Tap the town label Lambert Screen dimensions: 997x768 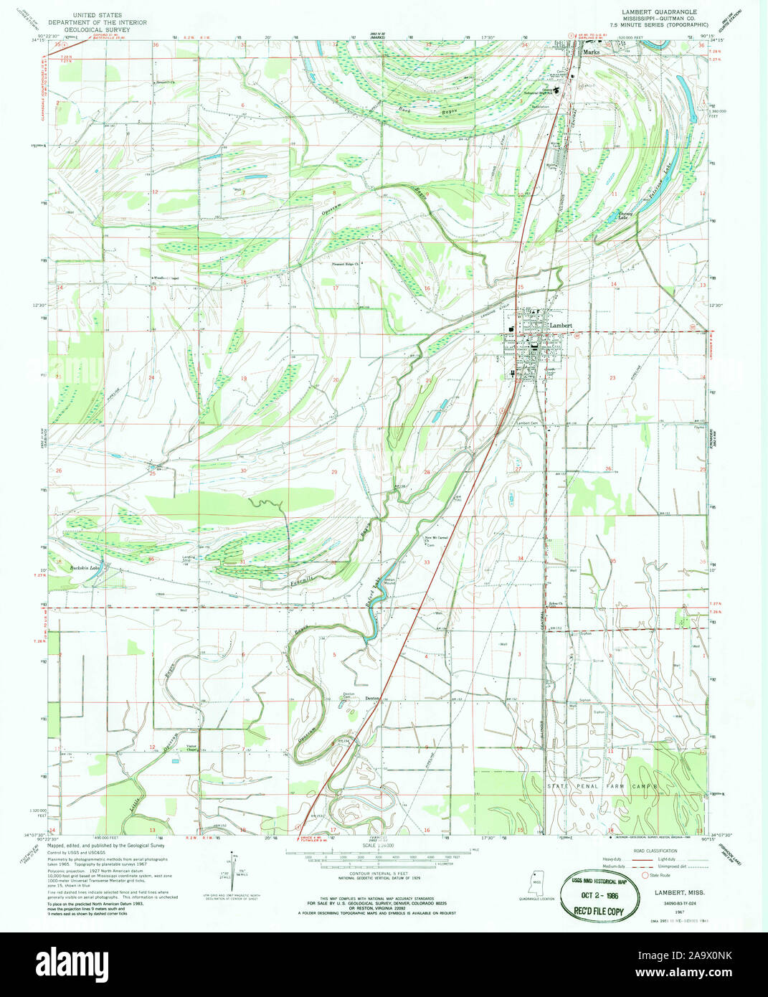pyautogui.click(x=561, y=326)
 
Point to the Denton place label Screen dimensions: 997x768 pyautogui.click(x=371, y=699)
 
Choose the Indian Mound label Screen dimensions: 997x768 pyautogui.click(x=390, y=582)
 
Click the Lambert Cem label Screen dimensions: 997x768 pyautogui.click(x=527, y=423)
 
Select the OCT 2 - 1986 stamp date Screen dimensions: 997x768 pyautogui.click(x=599, y=897)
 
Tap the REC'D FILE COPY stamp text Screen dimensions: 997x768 pyautogui.click(x=599, y=912)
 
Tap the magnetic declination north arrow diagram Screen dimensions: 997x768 pyautogui.click(x=233, y=868)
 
